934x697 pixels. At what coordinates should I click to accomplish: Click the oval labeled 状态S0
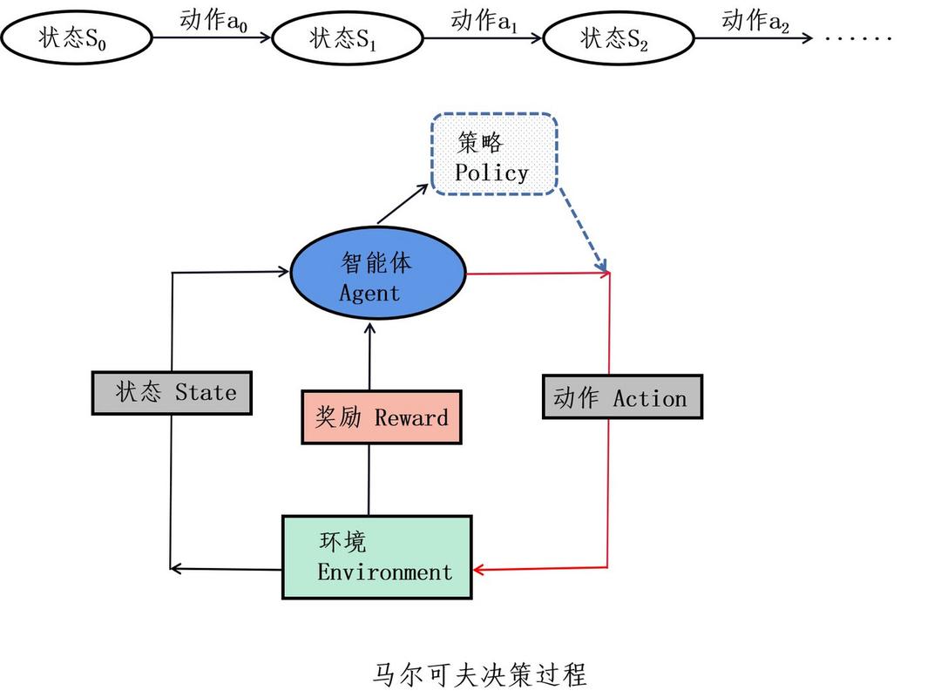click(77, 38)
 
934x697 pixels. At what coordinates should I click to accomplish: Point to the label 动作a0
click(213, 21)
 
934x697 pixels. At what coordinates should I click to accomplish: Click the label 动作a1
click(484, 21)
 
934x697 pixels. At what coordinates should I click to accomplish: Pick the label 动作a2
click(755, 21)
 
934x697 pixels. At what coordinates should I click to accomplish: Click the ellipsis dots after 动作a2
click(858, 38)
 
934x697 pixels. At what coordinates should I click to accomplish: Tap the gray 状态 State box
click(172, 392)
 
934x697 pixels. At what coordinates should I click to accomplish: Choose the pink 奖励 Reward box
click(381, 417)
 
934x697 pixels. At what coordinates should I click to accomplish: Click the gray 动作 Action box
click(621, 397)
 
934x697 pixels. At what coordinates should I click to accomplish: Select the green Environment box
click(376, 557)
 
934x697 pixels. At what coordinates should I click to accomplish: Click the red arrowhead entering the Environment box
click(479, 571)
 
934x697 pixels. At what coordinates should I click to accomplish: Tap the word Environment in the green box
click(385, 572)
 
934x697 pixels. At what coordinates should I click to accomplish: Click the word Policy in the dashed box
click(491, 173)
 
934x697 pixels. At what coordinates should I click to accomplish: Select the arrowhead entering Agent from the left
click(283, 272)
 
